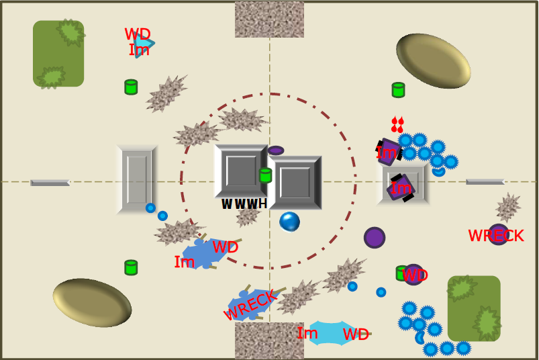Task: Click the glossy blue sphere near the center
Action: point(289,222)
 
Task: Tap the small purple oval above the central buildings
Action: point(276,150)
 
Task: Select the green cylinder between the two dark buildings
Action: point(265,175)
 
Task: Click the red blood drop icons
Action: point(397,124)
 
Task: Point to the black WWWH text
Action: point(244,204)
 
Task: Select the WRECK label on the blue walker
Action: point(250,304)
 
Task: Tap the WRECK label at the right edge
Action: point(496,236)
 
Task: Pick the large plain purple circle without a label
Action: point(375,238)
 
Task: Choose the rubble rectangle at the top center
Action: point(270,19)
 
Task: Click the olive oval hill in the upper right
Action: point(434,61)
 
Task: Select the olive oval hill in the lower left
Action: point(92,303)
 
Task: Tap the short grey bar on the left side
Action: point(50,183)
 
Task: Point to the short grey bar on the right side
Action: point(485,182)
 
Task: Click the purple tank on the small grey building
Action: point(401,188)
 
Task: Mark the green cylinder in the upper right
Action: point(398,90)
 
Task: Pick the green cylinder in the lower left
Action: point(131,267)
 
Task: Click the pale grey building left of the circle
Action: point(137,179)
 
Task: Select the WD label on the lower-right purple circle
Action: point(415,275)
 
